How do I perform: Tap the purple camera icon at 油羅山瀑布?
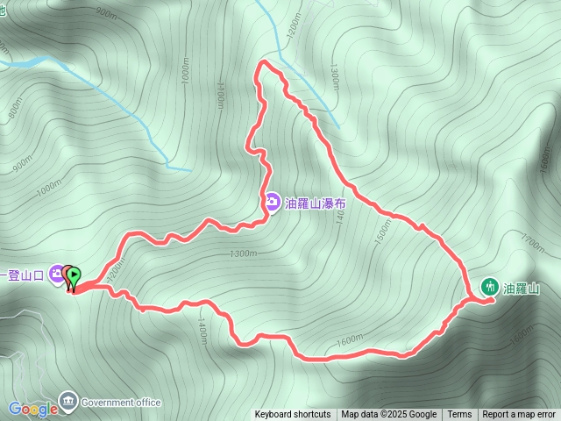point(272,203)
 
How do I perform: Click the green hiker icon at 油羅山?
point(490,286)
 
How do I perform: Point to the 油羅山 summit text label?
point(521,287)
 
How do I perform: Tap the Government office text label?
point(121,403)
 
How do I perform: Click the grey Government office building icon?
point(67,402)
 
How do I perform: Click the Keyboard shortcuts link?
point(293,415)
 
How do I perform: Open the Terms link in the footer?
point(459,415)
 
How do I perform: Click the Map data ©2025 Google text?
point(389,415)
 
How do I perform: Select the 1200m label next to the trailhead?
point(111,273)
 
